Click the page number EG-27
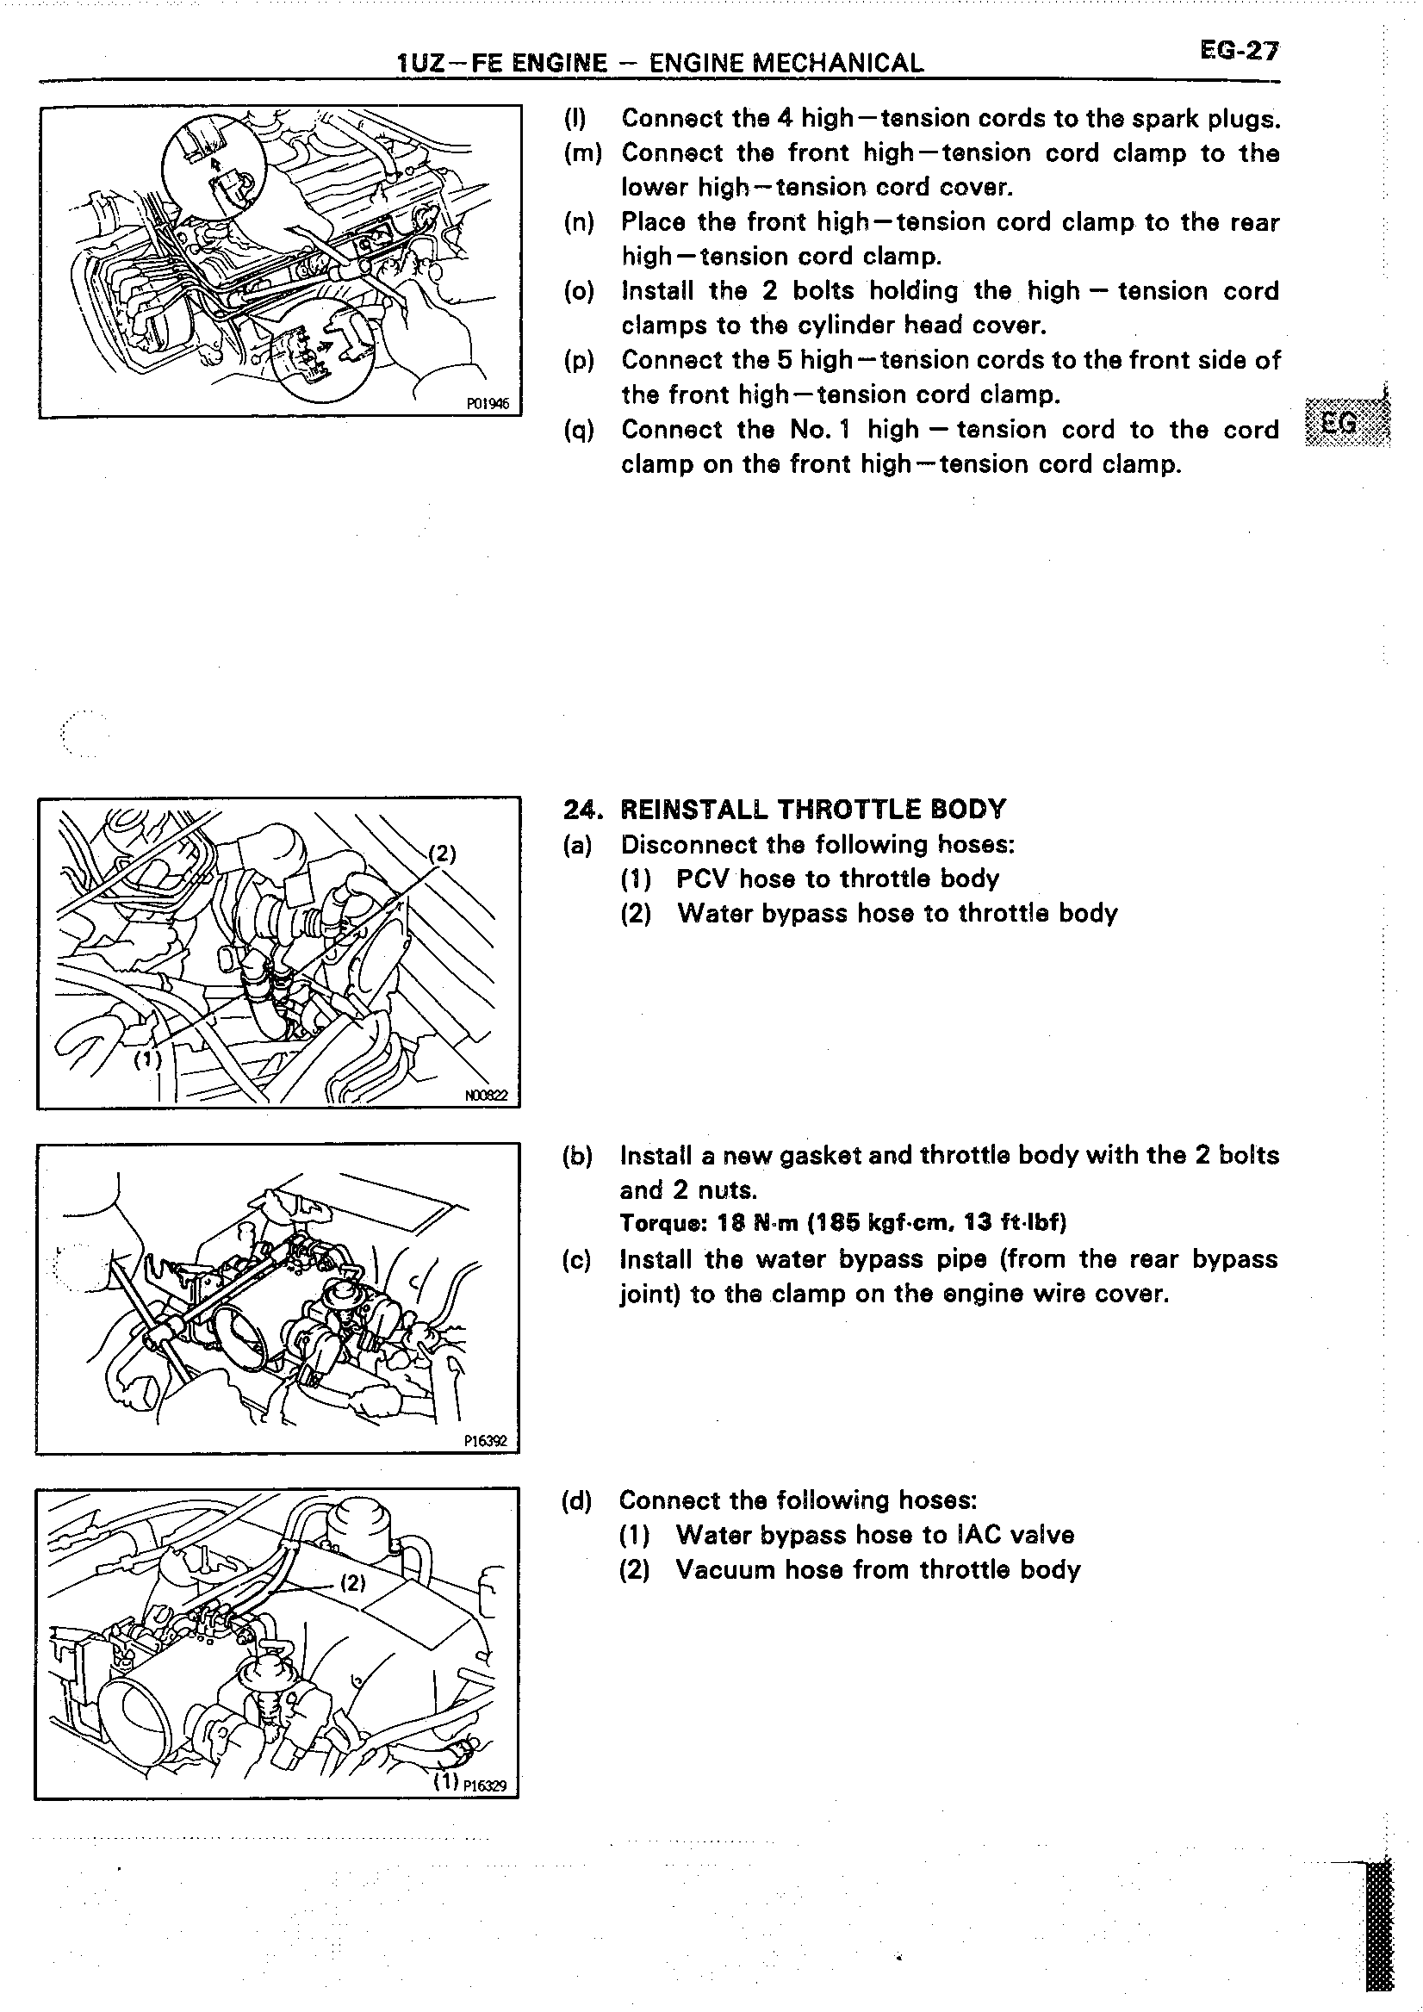pyautogui.click(x=1240, y=51)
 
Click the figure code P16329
pyautogui.click(x=491, y=1786)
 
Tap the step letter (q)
pyautogui.click(x=578, y=431)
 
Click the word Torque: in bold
pyautogui.click(x=657, y=1222)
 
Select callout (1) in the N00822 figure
pyautogui.click(x=147, y=1060)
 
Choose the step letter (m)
pyautogui.click(x=581, y=153)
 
